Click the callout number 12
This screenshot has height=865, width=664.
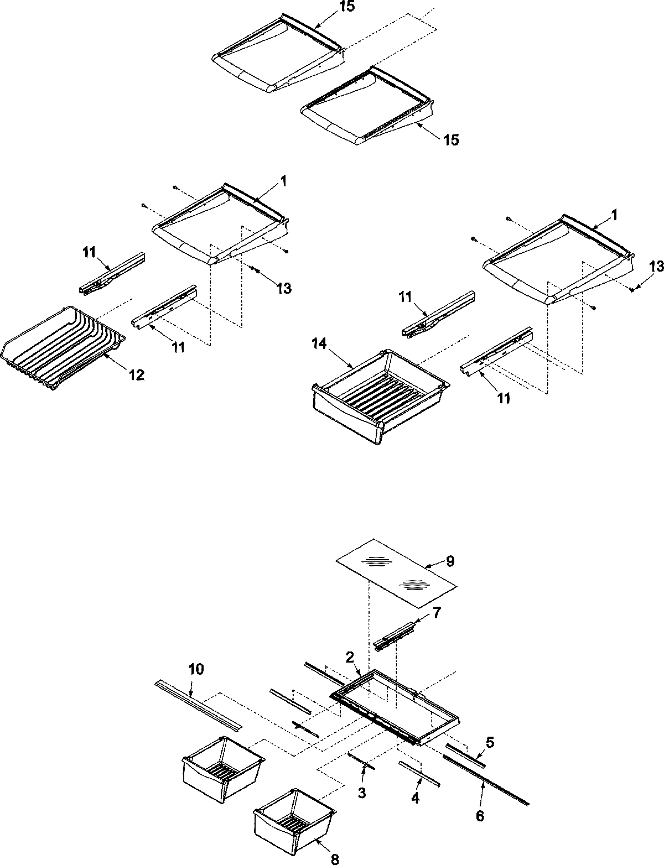(137, 374)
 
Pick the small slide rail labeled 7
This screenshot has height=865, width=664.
(394, 634)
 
